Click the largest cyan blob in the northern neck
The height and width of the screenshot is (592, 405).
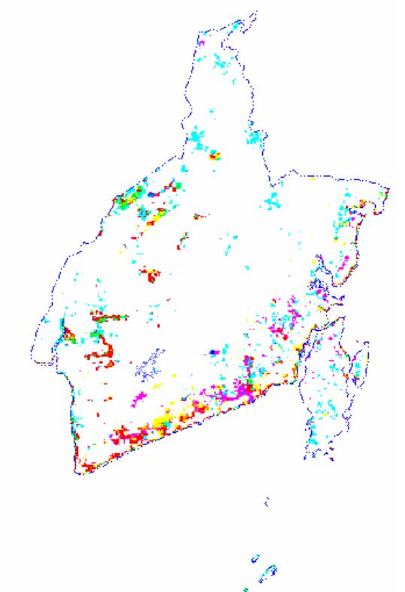pos(197,140)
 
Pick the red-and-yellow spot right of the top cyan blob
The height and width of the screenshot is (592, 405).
pos(216,156)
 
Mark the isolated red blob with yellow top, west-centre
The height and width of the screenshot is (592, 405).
pos(152,275)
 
